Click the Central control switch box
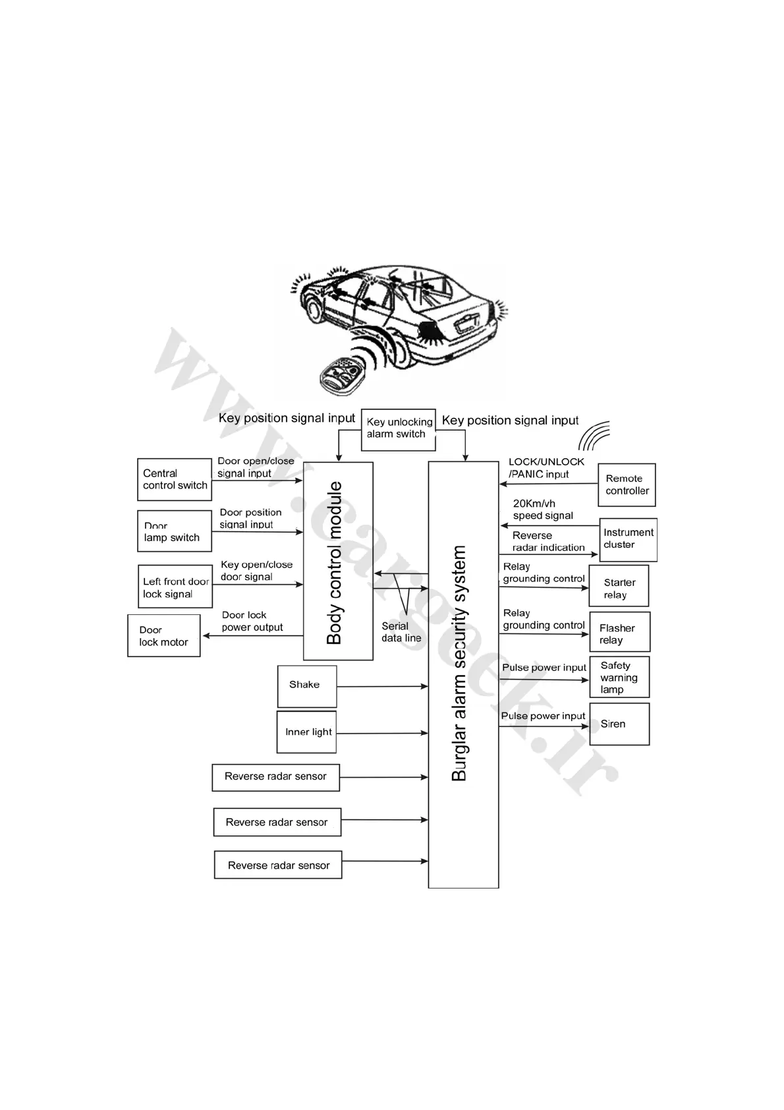coord(175,479)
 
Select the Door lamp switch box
coord(175,531)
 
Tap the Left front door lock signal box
coord(175,587)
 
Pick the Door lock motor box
coord(164,635)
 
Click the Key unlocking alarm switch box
coord(399,428)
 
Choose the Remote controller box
coord(627,484)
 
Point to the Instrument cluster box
coord(629,539)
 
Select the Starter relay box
coord(619,586)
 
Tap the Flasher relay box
coord(619,632)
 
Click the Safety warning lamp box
coord(619,677)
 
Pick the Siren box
coord(619,724)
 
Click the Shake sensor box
coord(307,686)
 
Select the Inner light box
coord(307,732)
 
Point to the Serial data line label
coord(401,632)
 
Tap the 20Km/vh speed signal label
coord(542,510)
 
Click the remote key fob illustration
coord(341,374)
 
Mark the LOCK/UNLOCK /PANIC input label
coord(546,468)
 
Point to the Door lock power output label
coord(252,621)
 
